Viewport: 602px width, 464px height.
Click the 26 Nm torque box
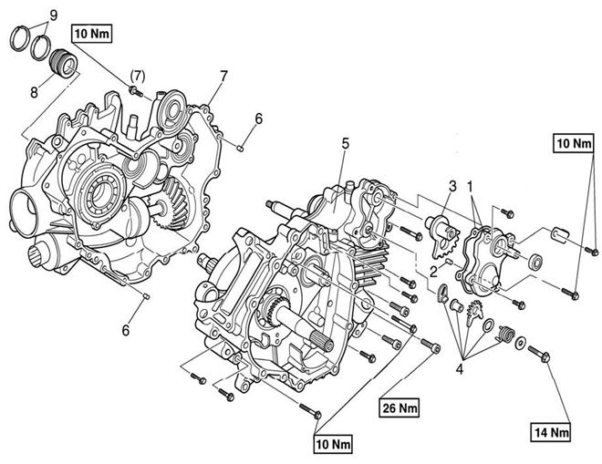(400, 407)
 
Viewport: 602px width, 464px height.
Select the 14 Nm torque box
(551, 432)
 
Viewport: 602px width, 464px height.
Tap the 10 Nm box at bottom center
(333, 444)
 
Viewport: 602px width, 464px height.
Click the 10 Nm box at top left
(92, 34)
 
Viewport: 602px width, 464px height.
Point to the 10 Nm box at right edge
(574, 143)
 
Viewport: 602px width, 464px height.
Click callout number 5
(345, 144)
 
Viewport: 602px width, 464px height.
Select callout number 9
(54, 15)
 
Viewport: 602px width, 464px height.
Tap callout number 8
(34, 92)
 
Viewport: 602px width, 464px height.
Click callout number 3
(453, 186)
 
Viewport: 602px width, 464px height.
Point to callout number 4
(460, 369)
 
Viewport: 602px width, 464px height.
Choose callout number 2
(433, 272)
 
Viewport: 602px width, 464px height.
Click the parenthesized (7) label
(138, 77)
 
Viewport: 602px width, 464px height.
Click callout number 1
(470, 186)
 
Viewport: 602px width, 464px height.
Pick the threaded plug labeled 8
(65, 64)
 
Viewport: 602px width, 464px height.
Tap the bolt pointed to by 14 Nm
(539, 354)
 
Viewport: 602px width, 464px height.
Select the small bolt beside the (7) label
(136, 91)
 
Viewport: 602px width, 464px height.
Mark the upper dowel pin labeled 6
(240, 148)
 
